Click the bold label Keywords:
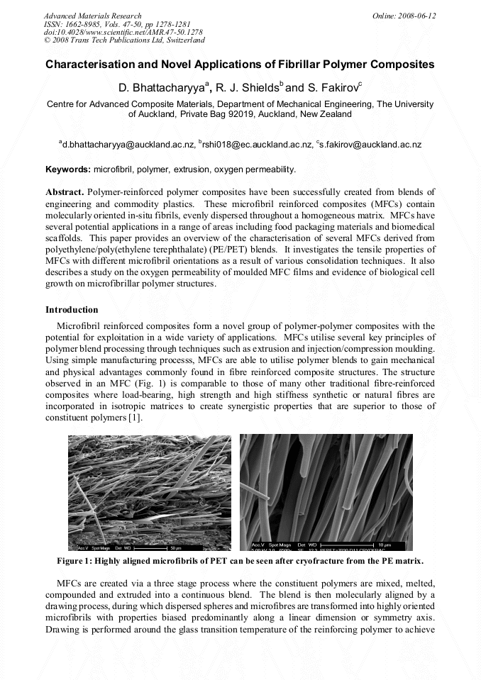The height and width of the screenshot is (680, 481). point(68,169)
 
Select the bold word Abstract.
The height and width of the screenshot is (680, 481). point(65,192)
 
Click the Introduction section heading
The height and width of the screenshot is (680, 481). point(72,310)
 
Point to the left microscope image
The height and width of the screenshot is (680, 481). point(150,492)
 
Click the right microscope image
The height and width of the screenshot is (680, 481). point(326,492)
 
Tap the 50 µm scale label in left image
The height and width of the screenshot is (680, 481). point(176,547)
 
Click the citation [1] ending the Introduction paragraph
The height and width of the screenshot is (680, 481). point(135,418)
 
